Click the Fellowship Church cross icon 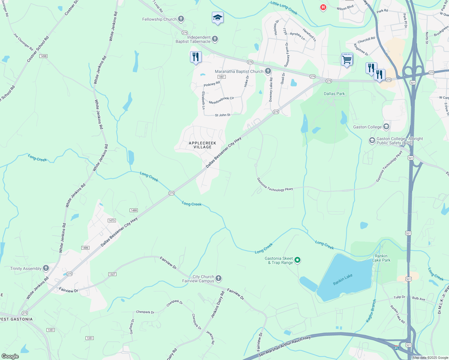pyautogui.click(x=181, y=19)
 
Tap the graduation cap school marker pyautogui.click(x=218, y=18)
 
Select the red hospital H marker pyautogui.click(x=323, y=7)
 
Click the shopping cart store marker pyautogui.click(x=347, y=60)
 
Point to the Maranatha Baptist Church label pyautogui.click(x=239, y=71)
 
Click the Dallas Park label pyautogui.click(x=334, y=94)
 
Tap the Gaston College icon pyautogui.click(x=386, y=127)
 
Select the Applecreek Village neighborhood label pyautogui.click(x=203, y=145)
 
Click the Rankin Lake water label pyautogui.click(x=343, y=280)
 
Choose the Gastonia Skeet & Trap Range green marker pyautogui.click(x=297, y=260)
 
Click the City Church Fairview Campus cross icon pyautogui.click(x=218, y=278)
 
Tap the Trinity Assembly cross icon pyautogui.click(x=46, y=268)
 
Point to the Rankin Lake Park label pyautogui.click(x=381, y=258)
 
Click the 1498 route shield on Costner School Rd pyautogui.click(x=44, y=56)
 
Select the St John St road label pyautogui.click(x=222, y=115)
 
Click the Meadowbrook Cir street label pyautogui.click(x=221, y=100)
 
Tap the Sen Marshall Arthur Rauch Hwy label pyautogui.click(x=284, y=346)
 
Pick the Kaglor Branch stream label pyautogui.click(x=371, y=311)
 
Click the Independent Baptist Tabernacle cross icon pyautogui.click(x=215, y=39)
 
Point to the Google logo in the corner pyautogui.click(x=10, y=356)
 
